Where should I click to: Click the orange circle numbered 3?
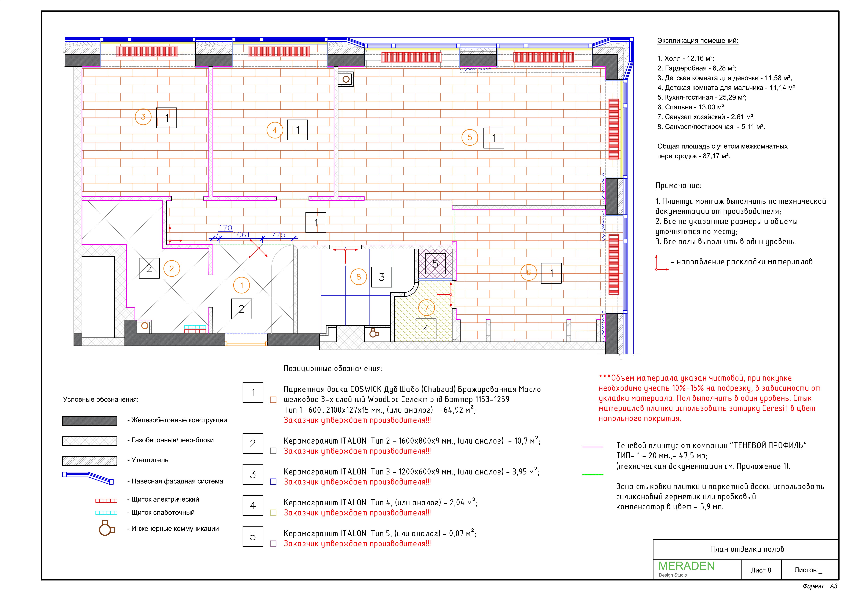[143, 117]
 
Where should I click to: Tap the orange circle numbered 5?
[470, 138]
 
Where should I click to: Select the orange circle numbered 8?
[358, 277]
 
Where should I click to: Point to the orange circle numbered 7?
[426, 307]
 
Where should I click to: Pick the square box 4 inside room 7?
[426, 329]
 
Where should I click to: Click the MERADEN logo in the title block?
[686, 566]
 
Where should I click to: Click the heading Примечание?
[678, 186]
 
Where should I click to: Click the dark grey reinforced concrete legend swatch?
[90, 421]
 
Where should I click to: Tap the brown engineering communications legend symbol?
[106, 528]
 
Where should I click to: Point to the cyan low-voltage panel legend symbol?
[106, 513]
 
